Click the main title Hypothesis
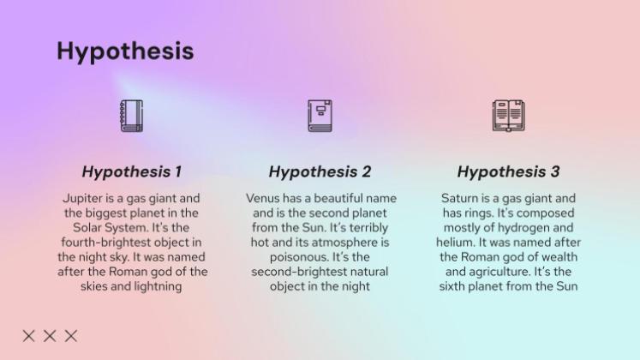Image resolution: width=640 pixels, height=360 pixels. [125, 51]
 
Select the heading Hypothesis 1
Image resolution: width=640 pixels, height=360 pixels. [132, 171]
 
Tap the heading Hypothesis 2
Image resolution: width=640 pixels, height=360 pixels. [320, 171]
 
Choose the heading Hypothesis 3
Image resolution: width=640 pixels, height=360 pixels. [508, 171]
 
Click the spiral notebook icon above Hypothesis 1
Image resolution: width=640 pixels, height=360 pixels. [131, 116]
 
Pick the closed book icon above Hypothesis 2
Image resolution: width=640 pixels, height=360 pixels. [320, 116]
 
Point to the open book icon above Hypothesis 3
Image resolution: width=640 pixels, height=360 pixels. [508, 116]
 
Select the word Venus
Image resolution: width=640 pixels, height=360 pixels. [263, 198]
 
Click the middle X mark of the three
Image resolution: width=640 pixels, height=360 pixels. [50, 335]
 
